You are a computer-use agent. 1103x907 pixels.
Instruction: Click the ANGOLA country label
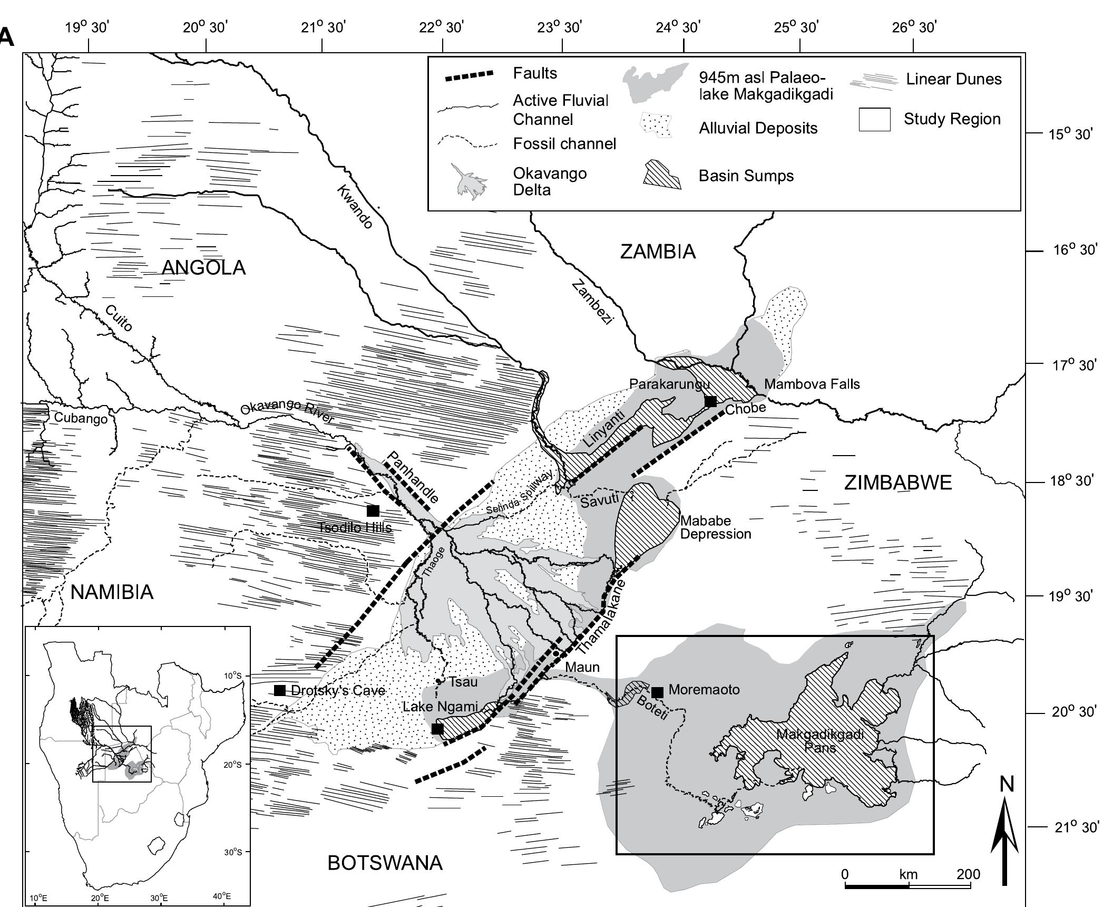(x=203, y=268)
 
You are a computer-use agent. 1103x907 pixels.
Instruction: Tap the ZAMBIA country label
(x=658, y=252)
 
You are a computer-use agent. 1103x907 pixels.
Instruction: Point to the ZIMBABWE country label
(x=898, y=483)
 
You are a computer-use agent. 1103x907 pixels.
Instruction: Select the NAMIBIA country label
(x=112, y=593)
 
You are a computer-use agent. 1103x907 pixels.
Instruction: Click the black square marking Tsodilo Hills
(x=373, y=510)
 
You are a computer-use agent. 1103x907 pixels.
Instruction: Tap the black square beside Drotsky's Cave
(x=280, y=690)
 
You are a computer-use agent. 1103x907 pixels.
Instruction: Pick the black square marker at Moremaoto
(x=657, y=692)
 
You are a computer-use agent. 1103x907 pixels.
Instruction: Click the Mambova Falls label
(x=812, y=384)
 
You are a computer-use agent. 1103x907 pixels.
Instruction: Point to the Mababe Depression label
(x=716, y=527)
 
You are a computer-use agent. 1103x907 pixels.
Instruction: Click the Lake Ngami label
(x=440, y=707)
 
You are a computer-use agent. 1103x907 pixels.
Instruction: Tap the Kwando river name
(x=355, y=207)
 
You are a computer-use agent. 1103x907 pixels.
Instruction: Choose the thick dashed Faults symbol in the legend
(x=469, y=75)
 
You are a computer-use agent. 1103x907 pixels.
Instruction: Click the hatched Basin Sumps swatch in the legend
(x=661, y=176)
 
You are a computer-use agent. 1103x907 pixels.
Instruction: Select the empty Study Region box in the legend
(x=874, y=119)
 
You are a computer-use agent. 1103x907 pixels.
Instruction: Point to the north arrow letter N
(x=1007, y=785)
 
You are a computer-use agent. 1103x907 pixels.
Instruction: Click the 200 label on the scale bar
(x=969, y=874)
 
